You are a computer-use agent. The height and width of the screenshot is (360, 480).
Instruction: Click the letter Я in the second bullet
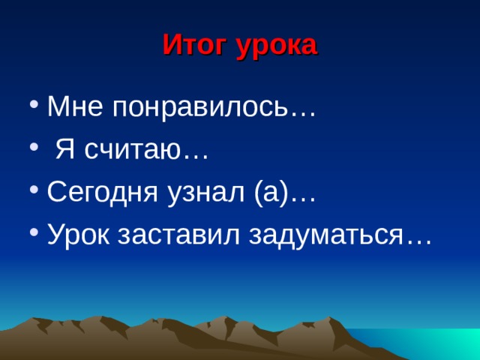coord(66,151)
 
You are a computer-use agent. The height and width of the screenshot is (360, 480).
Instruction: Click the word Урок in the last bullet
coord(75,237)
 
